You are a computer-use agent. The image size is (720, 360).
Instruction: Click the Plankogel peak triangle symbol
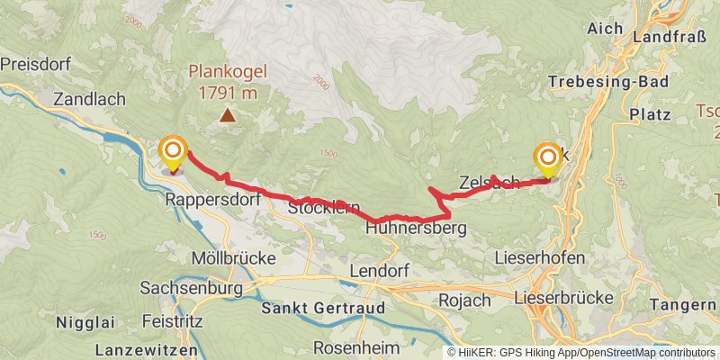(229, 115)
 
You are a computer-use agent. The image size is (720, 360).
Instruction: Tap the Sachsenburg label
(192, 288)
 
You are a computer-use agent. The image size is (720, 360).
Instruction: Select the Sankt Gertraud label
(322, 308)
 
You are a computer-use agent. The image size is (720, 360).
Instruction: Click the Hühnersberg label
(416, 229)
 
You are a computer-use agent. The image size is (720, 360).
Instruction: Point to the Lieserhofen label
(540, 257)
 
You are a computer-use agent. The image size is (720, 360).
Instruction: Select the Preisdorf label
(35, 65)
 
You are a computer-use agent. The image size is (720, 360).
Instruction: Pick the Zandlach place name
(89, 99)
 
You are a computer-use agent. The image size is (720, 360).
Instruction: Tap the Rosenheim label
(354, 347)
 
